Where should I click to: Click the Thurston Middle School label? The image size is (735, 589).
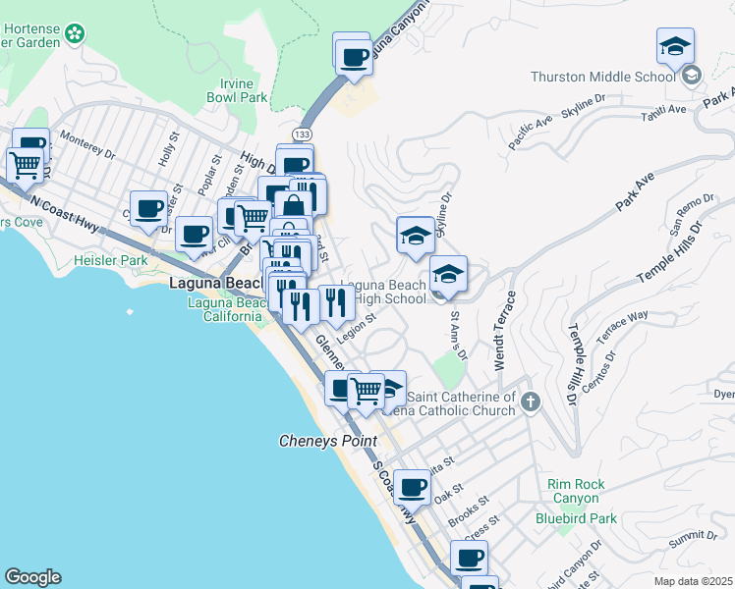(x=602, y=77)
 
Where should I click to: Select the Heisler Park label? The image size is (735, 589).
(x=110, y=261)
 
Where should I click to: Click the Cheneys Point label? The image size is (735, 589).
(x=328, y=442)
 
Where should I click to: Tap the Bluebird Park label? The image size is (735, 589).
(x=576, y=518)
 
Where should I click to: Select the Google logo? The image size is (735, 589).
(x=32, y=577)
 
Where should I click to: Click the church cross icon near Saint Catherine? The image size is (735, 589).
(x=531, y=401)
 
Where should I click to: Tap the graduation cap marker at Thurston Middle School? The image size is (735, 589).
(x=675, y=48)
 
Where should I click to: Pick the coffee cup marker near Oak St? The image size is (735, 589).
(x=413, y=486)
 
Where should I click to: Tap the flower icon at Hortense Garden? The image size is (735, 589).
(x=74, y=36)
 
